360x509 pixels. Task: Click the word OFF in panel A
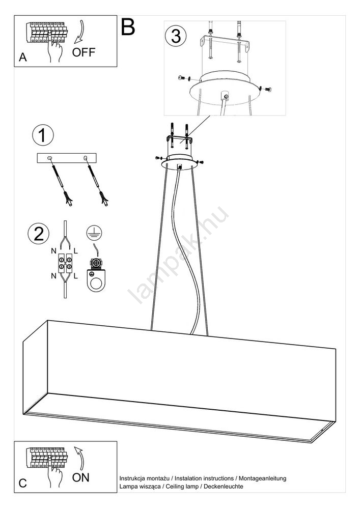coord(84,52)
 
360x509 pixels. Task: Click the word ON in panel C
coord(80,477)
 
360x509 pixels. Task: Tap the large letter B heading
coord(128,27)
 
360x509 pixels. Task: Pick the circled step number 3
coord(176,36)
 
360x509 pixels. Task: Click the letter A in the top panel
coord(23,57)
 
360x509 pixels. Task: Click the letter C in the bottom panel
coord(23,484)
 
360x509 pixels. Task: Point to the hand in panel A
coord(53,49)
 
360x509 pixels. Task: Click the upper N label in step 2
coord(53,251)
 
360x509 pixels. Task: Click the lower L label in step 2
coord(76,276)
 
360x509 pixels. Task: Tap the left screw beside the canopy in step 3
coord(183,78)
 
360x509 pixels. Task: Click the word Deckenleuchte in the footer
coord(224,486)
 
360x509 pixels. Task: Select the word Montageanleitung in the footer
coord(263,478)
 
